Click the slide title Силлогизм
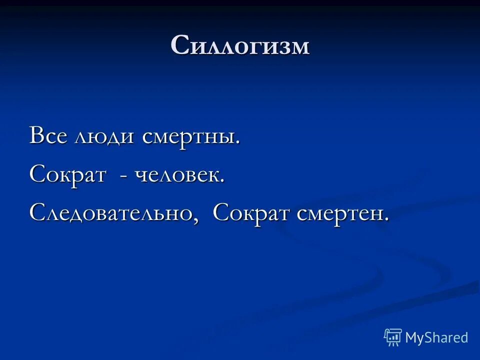pyautogui.click(x=240, y=46)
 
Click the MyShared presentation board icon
pyautogui.click(x=392, y=337)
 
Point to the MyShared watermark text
pyautogui.click(x=436, y=337)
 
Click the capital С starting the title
pyautogui.click(x=179, y=46)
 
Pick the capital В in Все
pyautogui.click(x=36, y=136)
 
